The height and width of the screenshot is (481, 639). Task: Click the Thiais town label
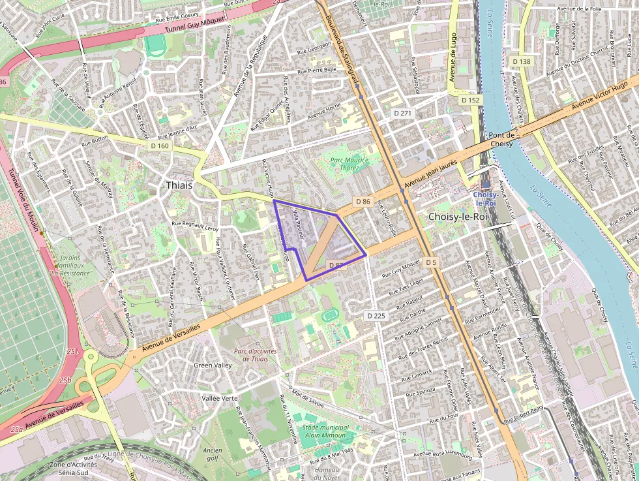[179, 185]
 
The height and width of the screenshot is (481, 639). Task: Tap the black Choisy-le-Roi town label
[458, 216]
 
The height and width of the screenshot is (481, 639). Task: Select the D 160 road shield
[159, 146]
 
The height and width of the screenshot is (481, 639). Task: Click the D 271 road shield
[403, 113]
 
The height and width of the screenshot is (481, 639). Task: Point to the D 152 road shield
[469, 100]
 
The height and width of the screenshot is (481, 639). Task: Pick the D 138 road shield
[522, 61]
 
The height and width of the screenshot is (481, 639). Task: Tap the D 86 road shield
[363, 202]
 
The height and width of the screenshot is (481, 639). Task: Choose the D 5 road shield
[430, 262]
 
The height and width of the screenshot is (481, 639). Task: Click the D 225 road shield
[376, 315]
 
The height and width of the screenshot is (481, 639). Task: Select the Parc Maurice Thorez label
[349, 163]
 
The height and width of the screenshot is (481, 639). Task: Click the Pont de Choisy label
[502, 139]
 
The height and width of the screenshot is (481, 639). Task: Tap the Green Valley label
[213, 365]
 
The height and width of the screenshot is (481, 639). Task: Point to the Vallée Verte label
[220, 397]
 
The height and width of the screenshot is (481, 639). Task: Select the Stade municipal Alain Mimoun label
[325, 431]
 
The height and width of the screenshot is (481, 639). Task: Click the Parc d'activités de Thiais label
[255, 354]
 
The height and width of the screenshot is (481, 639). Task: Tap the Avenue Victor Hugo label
[599, 95]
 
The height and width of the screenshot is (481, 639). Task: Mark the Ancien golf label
[212, 454]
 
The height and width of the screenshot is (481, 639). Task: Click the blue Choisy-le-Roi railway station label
[486, 198]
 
